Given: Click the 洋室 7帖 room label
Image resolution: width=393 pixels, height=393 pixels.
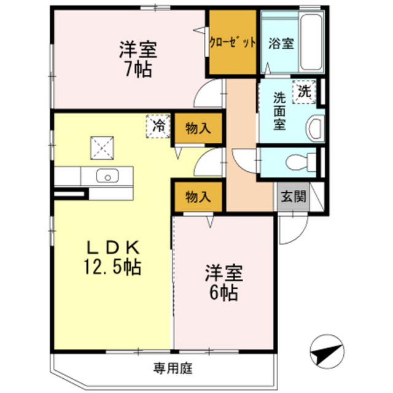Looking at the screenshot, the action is pos(138,60).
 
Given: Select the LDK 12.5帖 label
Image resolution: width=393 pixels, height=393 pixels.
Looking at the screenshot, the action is pos(112,257).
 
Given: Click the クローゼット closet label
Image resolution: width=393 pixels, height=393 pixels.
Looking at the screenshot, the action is pos(232,42).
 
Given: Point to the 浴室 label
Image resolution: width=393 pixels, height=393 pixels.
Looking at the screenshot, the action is pos(281,44).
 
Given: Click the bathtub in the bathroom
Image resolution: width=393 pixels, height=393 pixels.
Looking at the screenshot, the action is pos(311,42).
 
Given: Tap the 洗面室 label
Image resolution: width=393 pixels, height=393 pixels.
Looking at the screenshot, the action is pos(279,111).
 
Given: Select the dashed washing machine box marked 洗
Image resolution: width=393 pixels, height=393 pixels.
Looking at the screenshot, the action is pos(305,91).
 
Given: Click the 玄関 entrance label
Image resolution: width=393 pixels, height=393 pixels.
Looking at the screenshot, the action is pos(294,196).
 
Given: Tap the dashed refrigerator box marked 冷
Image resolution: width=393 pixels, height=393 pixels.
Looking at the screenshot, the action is pos(158,126).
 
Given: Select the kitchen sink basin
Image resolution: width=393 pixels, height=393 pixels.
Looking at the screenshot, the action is pos(107,176).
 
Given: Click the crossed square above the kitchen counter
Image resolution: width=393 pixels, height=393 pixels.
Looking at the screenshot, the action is pos(102,148).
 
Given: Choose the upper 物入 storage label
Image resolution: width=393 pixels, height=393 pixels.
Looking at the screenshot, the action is pos(198,129).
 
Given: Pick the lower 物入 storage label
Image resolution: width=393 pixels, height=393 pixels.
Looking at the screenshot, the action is pos(198,197).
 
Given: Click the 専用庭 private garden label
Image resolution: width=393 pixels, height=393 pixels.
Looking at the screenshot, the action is pos(173,368).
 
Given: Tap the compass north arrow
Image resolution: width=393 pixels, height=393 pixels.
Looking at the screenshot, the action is pos(327,352).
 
